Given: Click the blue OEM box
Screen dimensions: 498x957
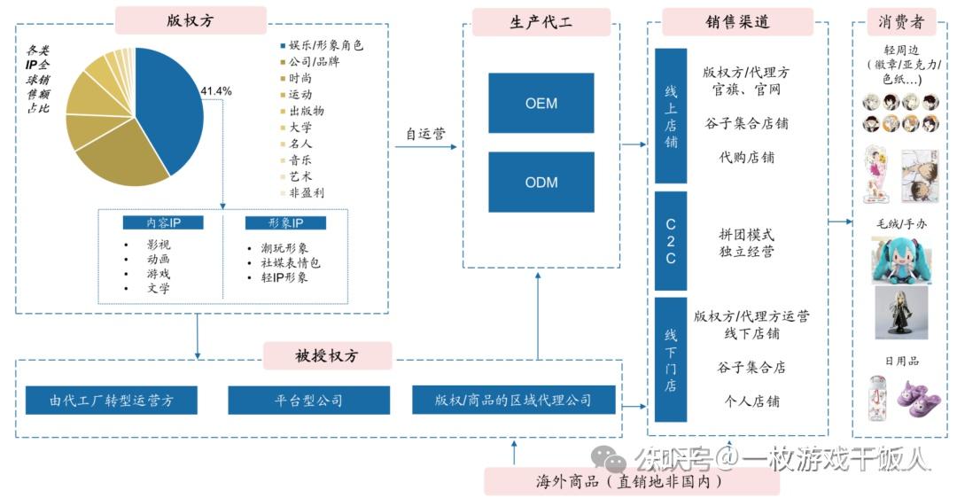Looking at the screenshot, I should point(541,104).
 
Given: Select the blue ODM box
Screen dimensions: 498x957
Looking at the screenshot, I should point(541,183).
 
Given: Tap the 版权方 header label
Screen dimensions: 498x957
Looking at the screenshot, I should point(191,19).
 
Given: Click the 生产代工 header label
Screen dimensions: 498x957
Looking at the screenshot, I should point(541,22).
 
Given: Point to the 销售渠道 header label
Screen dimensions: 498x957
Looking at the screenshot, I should point(737,22).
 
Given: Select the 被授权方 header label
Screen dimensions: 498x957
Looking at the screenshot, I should point(327,355).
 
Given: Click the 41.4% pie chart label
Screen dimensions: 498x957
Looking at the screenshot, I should point(216,90).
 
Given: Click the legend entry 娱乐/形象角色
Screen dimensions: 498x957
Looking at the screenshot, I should point(325,45).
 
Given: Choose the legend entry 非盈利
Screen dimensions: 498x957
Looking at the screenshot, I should point(306,192).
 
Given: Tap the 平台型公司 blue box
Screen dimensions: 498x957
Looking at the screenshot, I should point(307,401).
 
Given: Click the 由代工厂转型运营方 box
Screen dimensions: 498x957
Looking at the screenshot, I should point(111,401).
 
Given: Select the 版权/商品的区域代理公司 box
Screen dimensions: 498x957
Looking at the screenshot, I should point(513,401).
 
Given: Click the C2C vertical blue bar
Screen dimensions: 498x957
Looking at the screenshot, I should point(671,241).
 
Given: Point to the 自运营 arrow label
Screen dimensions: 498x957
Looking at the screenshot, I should point(425,134).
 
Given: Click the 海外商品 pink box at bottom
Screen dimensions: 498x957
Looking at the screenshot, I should point(631,482).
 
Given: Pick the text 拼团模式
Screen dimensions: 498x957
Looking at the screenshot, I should point(746,236).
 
